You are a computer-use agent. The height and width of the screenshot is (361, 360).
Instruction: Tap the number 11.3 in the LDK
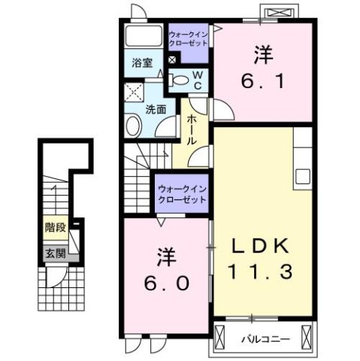click(x=259, y=271)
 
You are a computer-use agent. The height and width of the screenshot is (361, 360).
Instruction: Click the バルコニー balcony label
click(x=265, y=339)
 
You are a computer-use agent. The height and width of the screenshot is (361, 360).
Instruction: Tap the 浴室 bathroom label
click(x=143, y=63)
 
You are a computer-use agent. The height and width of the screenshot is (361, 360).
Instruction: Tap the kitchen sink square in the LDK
click(x=303, y=177)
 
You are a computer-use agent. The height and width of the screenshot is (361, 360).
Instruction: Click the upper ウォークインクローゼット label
click(x=189, y=38)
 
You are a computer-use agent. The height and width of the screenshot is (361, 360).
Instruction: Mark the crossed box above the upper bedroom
click(x=279, y=13)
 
